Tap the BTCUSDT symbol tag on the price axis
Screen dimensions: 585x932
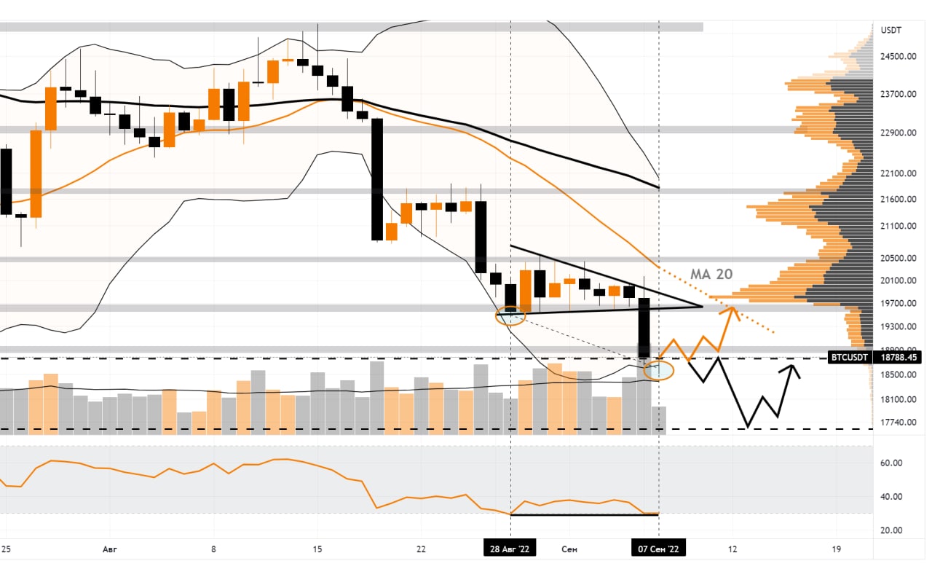point(850,358)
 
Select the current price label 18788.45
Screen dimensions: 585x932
point(899,358)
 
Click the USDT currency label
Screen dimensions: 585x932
point(890,31)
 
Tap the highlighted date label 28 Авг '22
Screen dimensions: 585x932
point(510,549)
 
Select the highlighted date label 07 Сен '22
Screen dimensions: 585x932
point(658,549)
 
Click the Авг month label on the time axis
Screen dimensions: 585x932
point(109,549)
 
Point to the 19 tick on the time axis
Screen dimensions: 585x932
point(836,549)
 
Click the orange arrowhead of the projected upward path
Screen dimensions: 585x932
point(732,310)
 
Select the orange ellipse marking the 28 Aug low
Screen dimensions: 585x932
point(510,315)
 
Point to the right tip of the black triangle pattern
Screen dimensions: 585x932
point(702,306)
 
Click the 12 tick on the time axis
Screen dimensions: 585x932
point(732,549)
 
